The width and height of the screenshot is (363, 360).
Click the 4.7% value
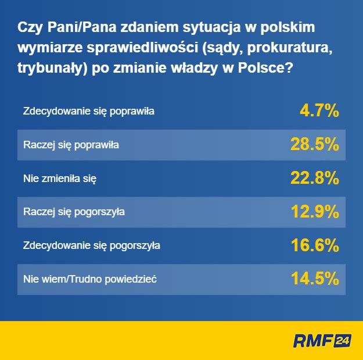(319, 111)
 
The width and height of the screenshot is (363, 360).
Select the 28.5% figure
(314, 144)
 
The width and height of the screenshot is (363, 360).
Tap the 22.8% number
(314, 178)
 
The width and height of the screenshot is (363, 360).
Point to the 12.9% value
(314, 212)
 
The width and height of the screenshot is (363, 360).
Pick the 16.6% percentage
(314, 245)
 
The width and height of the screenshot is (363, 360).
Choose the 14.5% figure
(314, 279)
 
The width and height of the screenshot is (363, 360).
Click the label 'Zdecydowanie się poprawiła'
(88, 111)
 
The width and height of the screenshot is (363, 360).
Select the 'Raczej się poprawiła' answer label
(71, 144)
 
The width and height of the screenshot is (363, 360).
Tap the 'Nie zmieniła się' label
(59, 178)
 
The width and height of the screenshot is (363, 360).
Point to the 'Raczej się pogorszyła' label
(74, 212)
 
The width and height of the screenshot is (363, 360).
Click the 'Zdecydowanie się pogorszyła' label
(91, 245)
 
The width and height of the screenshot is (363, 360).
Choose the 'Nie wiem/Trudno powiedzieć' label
(90, 279)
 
